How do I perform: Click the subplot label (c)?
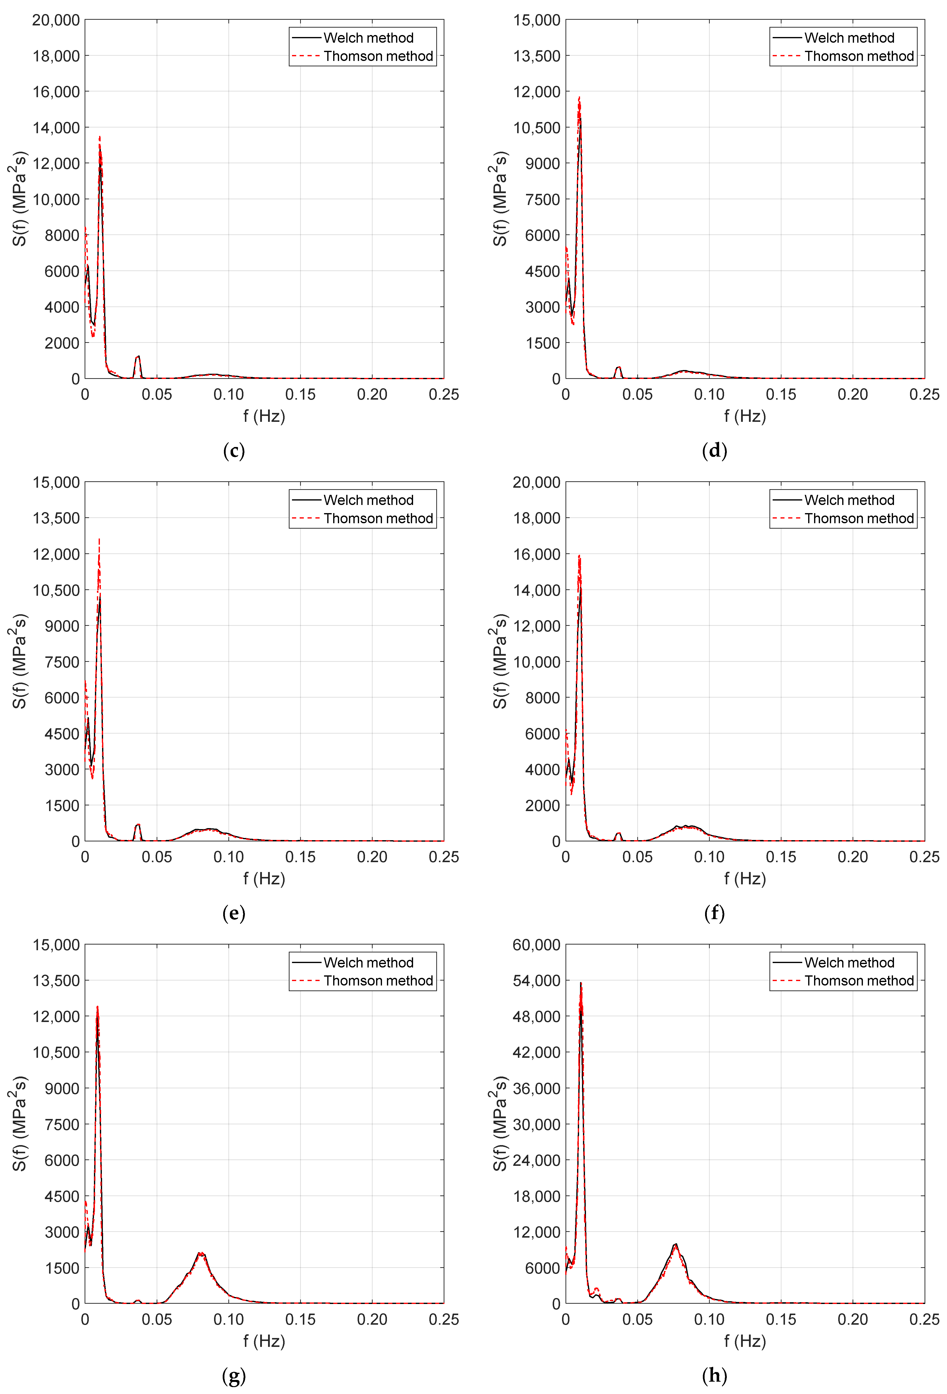point(234,450)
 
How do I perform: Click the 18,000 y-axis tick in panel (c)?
point(56,56)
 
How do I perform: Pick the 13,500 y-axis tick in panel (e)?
point(56,518)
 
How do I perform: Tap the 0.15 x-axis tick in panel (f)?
point(781,857)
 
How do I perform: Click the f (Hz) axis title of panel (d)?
point(745,416)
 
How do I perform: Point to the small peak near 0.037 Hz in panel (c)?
point(139,356)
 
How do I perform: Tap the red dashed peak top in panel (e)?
point(100,539)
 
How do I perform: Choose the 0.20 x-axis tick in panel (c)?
point(372,395)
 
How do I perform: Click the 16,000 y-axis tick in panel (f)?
point(536,554)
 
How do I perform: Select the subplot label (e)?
point(234,913)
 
